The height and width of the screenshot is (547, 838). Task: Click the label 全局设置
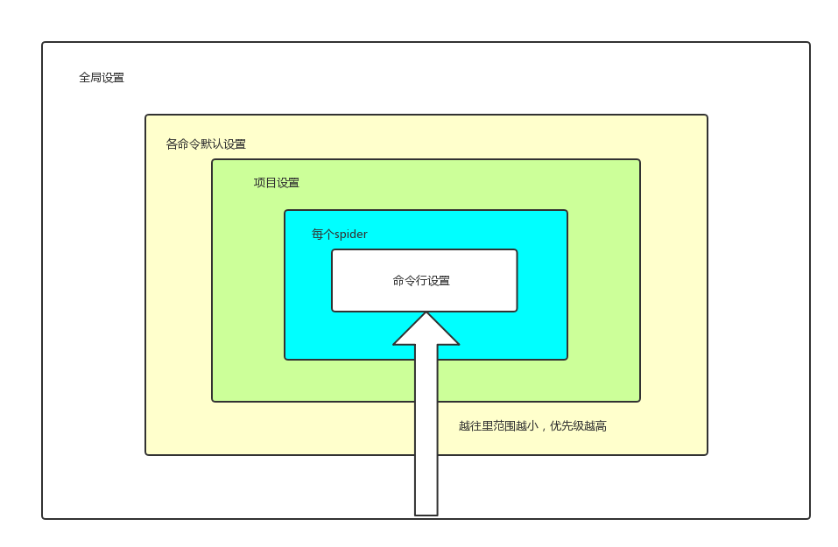102,78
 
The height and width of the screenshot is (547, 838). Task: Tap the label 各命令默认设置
206,144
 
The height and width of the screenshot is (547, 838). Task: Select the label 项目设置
277,183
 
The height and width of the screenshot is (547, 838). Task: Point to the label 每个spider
340,235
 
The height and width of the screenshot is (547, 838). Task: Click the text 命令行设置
421,281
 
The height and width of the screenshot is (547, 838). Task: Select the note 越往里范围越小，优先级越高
532,426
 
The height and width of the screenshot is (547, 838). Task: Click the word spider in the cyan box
351,235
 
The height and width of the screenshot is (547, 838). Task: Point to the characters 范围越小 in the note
515,426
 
